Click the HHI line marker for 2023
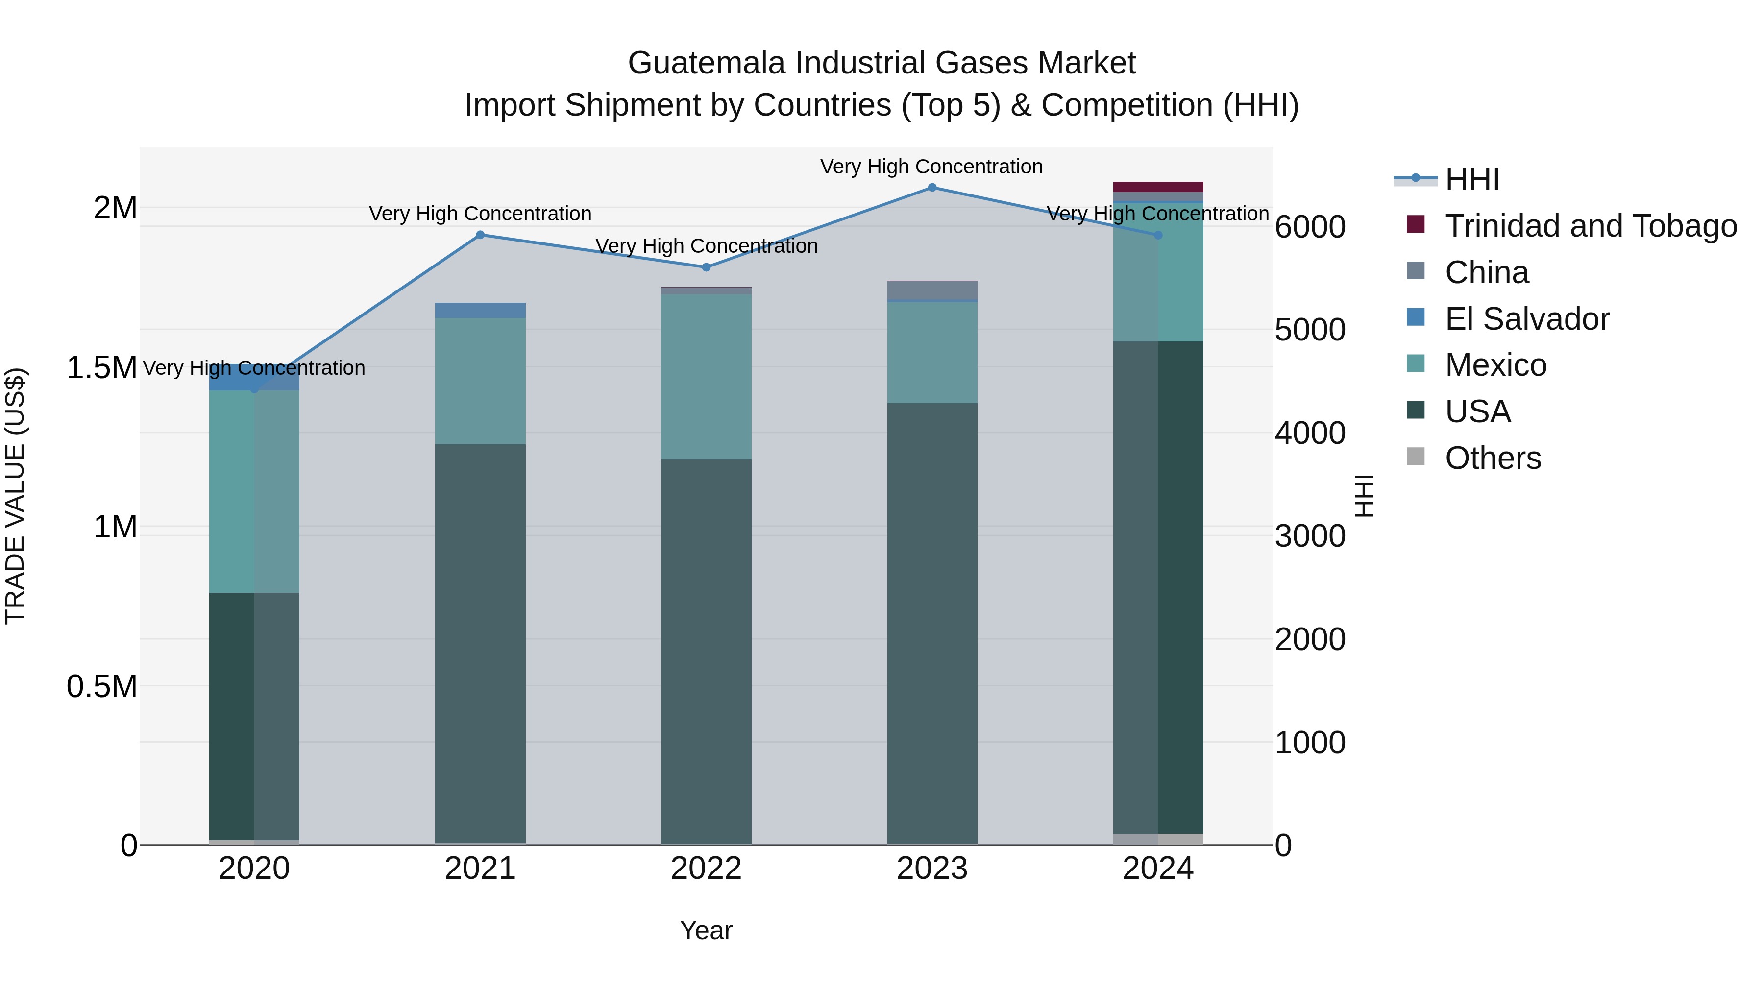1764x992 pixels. pos(932,188)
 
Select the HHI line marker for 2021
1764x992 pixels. pos(480,235)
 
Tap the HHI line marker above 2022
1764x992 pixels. pos(706,267)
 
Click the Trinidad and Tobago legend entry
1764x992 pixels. pos(1590,226)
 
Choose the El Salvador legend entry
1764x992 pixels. pos(1526,319)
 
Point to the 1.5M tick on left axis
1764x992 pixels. pos(101,367)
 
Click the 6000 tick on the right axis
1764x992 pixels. pos(1309,227)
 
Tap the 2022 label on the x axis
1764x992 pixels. pos(706,869)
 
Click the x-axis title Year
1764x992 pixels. pos(706,930)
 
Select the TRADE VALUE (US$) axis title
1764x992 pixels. pos(15,496)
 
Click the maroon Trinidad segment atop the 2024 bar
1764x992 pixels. pos(1158,187)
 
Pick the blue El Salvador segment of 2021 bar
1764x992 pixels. pos(480,310)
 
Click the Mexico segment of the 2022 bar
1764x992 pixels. pos(706,377)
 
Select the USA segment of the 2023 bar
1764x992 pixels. pos(932,623)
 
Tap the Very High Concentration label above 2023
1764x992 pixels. pos(931,167)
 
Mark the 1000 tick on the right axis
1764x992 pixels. pos(1309,743)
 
